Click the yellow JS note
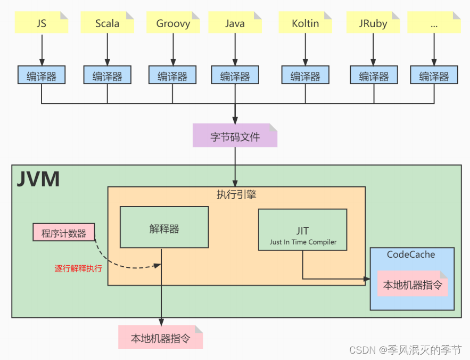tap(42, 23)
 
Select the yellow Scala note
tap(107, 23)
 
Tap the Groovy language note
tap(173, 23)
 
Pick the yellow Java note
tap(235, 23)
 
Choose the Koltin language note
tap(306, 23)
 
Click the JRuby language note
tap(374, 23)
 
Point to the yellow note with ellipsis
tap(434, 23)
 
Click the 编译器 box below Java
tap(235, 76)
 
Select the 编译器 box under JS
tap(42, 76)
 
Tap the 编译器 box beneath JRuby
tap(374, 76)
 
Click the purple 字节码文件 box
tap(235, 136)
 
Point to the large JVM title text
tap(38, 179)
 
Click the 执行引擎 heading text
tap(236, 195)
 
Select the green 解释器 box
tap(164, 228)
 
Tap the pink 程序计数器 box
tap(63, 233)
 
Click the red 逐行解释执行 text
tap(78, 268)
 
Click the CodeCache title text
tap(411, 255)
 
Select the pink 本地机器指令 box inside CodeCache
tap(413, 284)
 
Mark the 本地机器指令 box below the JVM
tap(160, 337)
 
